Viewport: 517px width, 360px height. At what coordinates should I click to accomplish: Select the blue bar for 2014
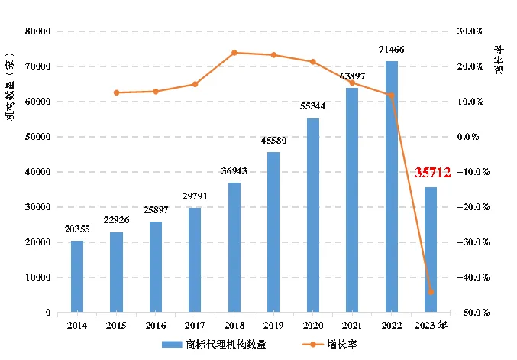tap(77, 277)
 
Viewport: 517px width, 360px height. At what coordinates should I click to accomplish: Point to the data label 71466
tap(391, 50)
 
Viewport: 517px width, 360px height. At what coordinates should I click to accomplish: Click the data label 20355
tap(77, 230)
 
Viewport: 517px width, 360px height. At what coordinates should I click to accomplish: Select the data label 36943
tap(234, 171)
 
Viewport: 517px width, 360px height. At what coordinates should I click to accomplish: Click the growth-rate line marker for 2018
tap(234, 53)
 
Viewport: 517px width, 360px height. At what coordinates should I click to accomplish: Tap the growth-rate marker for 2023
tap(431, 292)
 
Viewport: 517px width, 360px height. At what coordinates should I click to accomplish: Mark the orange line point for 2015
tap(116, 92)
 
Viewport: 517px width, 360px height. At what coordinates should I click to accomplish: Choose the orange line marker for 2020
tap(312, 62)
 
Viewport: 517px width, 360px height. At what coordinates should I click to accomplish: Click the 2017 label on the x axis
tap(195, 324)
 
